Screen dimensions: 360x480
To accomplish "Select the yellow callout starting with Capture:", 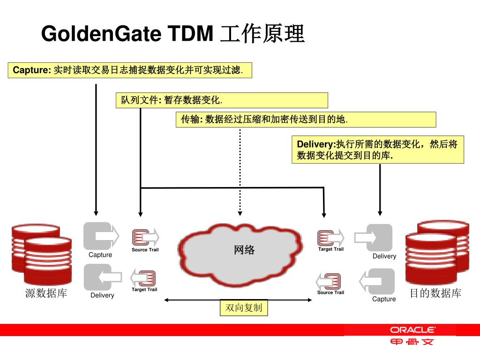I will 130,70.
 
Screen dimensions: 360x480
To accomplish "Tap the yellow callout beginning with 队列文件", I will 221,100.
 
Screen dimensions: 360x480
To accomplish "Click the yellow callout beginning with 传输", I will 306,120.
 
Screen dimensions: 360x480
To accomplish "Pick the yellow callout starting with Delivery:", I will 377,150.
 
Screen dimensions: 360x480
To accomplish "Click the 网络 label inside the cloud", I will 244,250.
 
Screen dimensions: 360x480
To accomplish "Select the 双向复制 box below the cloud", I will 244,308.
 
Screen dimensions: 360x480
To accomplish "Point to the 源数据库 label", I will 46,293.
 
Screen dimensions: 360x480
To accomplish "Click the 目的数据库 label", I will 435,293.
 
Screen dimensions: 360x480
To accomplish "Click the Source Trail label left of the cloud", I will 145,250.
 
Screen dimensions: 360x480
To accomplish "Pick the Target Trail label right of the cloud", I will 331,249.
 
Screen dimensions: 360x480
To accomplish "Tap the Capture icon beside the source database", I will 100,235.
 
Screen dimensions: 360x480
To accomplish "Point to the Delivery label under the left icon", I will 102,295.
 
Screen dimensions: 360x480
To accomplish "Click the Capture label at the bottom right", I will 384,299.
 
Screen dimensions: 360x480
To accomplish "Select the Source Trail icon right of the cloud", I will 330,281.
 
